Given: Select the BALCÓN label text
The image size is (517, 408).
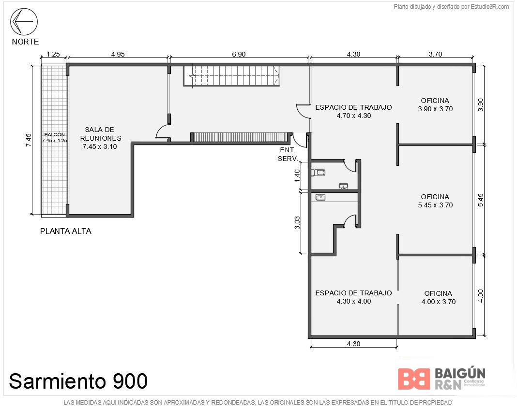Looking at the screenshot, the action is pos(54,134).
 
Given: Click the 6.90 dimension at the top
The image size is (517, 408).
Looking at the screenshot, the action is pos(239,54).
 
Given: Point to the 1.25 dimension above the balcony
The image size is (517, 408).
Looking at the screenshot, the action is pos(53,54).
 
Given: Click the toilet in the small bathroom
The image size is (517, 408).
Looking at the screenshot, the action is pos(319,172).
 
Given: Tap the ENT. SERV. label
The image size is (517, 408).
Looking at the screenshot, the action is pos(288,154).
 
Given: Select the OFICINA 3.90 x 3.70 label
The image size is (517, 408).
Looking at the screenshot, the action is pos(435,105).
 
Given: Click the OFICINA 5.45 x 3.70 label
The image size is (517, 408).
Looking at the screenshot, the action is pos(435,201).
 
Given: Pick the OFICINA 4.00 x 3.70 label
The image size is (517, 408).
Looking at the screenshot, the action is pos(438,297).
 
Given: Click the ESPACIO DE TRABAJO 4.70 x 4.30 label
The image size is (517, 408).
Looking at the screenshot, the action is pos(353,111).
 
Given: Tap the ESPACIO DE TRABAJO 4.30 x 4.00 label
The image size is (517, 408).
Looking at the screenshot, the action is pos(353,297).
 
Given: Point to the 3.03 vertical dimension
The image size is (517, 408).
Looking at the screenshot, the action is pos(297,222).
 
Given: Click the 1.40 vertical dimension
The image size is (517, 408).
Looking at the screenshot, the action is pos(297,175).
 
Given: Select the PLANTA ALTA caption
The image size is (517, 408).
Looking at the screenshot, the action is pos(66,231).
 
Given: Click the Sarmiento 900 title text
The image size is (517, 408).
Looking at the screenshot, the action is pos(78,381).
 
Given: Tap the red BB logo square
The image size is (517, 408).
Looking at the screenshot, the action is pos(414,379).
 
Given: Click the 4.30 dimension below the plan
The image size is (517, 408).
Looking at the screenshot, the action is pos(353,344).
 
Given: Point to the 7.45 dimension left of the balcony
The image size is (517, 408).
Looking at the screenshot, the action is pos(29,140).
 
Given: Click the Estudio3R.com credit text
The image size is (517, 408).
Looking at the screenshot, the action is pos(451,7).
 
